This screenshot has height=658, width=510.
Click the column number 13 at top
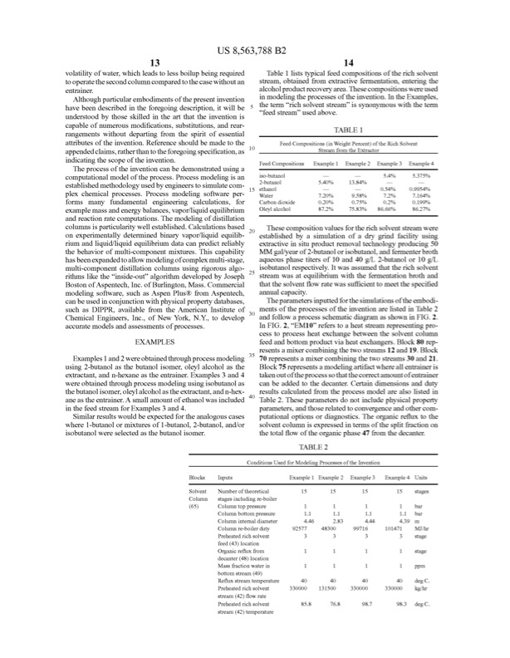click(154, 62)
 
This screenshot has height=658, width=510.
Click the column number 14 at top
click(355, 62)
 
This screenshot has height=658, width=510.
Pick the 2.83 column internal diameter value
click(331, 520)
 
